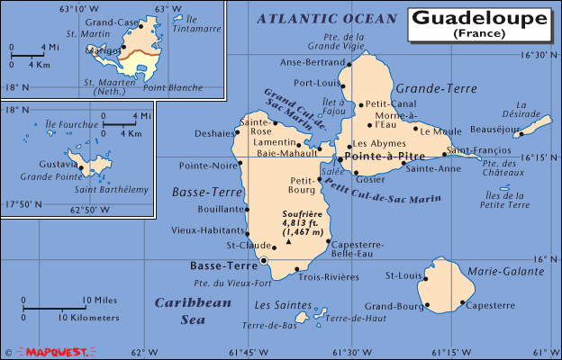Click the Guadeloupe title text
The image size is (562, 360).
(478, 18)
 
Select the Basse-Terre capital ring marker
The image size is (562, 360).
(264, 262)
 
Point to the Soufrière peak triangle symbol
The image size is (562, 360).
(289, 242)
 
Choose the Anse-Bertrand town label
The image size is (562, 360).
(313, 62)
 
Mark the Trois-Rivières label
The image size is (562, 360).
(324, 276)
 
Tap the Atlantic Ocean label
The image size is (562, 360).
(326, 18)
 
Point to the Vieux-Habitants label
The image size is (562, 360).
(206, 231)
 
